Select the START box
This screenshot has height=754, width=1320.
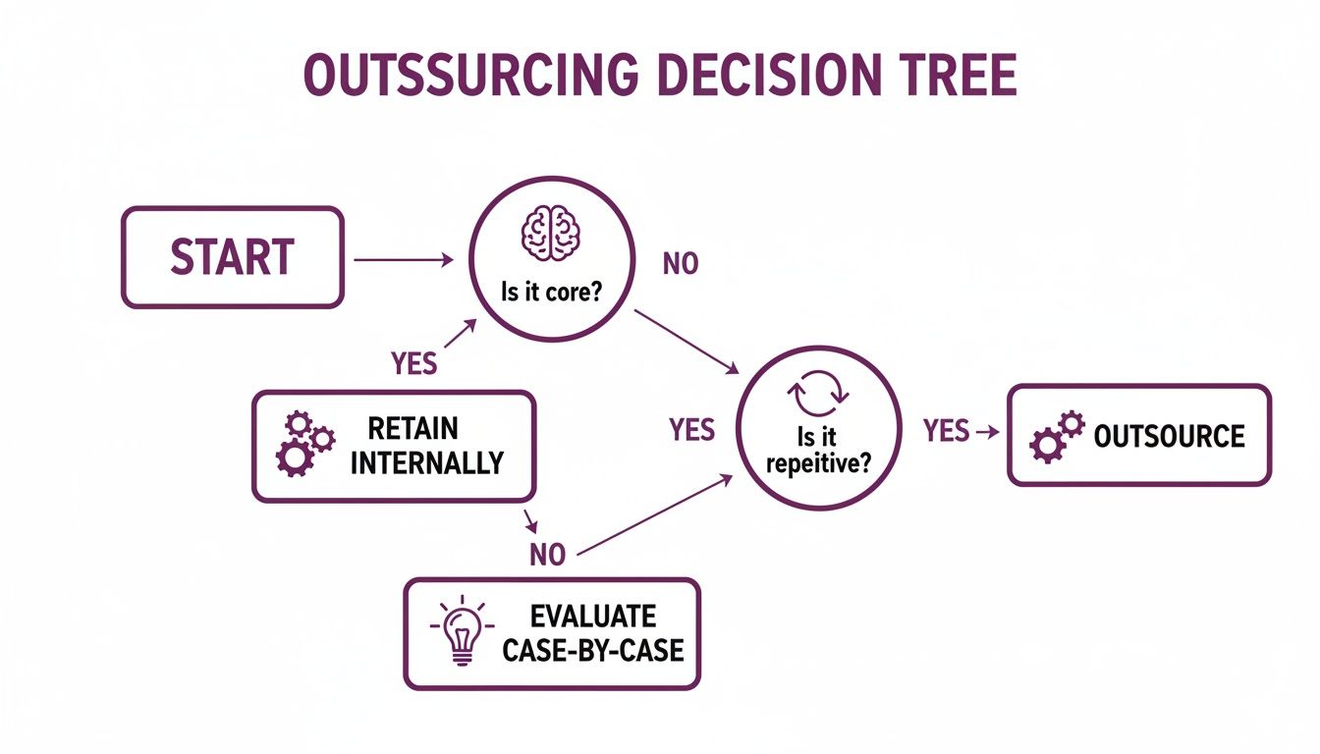coord(232,257)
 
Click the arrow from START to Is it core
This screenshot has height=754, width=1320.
coord(403,260)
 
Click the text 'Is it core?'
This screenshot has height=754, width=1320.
coord(549,294)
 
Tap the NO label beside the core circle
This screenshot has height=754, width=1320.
coord(681,264)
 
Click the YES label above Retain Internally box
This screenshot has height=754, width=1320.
coord(413,363)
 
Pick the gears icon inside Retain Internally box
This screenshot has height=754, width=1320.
coord(303,445)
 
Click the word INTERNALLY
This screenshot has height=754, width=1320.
coord(427,462)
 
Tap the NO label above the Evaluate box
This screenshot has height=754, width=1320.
coord(547,555)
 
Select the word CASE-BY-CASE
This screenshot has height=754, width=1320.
coord(592,650)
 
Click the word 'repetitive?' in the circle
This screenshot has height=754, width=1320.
coord(818,463)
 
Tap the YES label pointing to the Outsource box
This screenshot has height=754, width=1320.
coord(946,430)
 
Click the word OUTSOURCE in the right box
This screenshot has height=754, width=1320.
coord(1169,436)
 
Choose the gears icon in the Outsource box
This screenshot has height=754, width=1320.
coord(1056,436)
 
